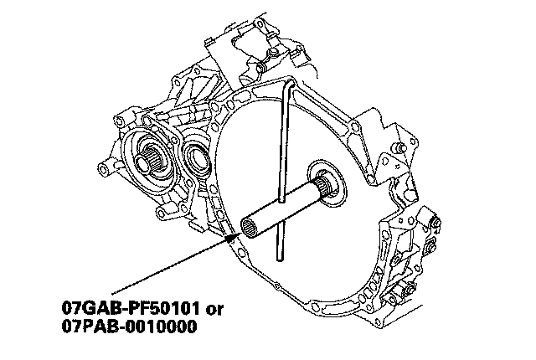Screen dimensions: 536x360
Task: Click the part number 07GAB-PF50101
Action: (x=131, y=308)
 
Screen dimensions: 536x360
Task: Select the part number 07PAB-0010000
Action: (x=130, y=327)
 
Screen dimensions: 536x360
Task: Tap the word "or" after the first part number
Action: (x=214, y=310)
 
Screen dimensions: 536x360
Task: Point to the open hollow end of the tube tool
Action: (x=250, y=227)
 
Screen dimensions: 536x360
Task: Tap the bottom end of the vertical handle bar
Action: (x=279, y=258)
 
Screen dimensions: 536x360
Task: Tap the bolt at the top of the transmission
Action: (x=272, y=52)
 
